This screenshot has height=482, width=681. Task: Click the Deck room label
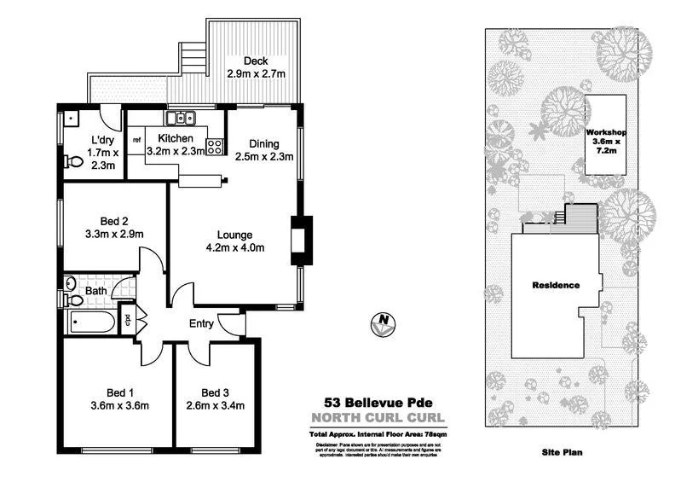(x=256, y=61)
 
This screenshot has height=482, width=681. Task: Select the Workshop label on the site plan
(x=606, y=133)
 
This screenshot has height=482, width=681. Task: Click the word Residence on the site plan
(x=556, y=285)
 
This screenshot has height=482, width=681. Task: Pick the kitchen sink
(x=181, y=119)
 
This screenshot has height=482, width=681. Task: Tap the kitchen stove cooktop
(x=215, y=146)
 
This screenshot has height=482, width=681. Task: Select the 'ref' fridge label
(x=136, y=139)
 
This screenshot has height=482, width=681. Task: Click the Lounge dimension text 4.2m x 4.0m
(x=236, y=248)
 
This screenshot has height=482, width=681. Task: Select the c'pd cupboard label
(x=128, y=322)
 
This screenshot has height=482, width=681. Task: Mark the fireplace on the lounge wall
(x=300, y=239)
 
